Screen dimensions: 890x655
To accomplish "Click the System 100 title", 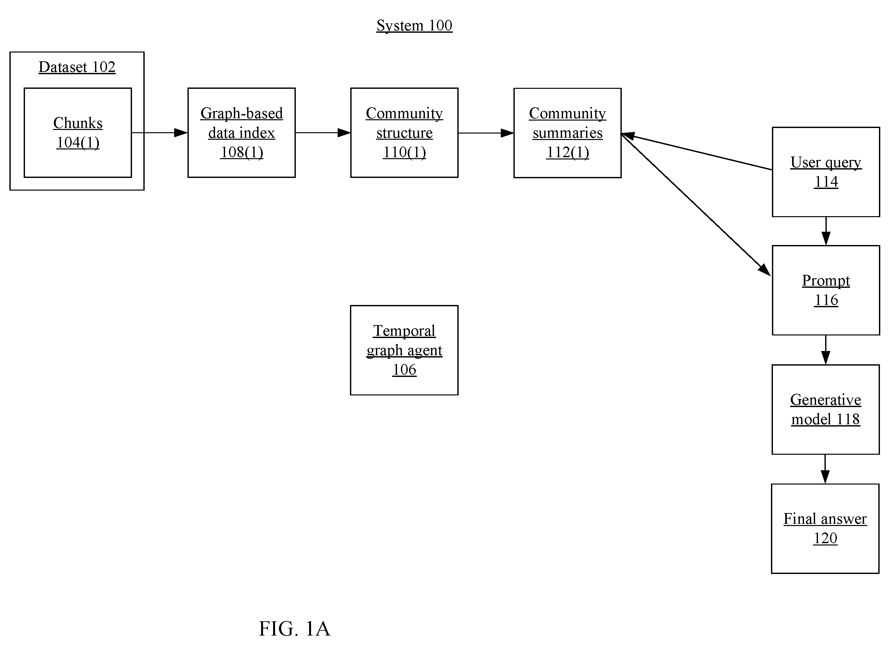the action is [x=414, y=26].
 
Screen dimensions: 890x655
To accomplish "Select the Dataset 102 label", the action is [x=77, y=67].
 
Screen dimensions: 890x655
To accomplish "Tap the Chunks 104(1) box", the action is [x=78, y=133].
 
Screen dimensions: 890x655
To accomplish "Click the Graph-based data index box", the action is [x=242, y=133].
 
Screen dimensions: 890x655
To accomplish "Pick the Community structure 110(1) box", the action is [x=404, y=133].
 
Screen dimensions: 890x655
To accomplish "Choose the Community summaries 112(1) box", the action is [x=567, y=133].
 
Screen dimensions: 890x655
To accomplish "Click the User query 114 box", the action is [x=826, y=172].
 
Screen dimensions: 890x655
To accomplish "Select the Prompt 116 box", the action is [x=826, y=290].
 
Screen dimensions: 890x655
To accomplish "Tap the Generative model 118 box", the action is [x=826, y=410].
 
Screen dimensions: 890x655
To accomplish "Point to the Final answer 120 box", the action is [x=825, y=529].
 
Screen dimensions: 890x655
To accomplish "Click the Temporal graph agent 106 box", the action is [x=404, y=350].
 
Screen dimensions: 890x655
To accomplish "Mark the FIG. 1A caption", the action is [x=295, y=628].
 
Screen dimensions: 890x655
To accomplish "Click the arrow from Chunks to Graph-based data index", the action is [x=160, y=133].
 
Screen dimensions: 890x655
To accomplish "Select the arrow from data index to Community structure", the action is [x=323, y=133].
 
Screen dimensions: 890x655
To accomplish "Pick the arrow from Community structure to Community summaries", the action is [x=486, y=133].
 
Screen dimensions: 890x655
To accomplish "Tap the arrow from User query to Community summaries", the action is [x=697, y=152].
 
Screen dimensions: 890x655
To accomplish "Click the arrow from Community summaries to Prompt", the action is [x=696, y=205].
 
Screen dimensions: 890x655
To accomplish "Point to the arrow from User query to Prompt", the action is [x=826, y=231].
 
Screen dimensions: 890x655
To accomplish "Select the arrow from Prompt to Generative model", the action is [x=826, y=350].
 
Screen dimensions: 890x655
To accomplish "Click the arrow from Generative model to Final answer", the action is [x=825, y=469].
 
